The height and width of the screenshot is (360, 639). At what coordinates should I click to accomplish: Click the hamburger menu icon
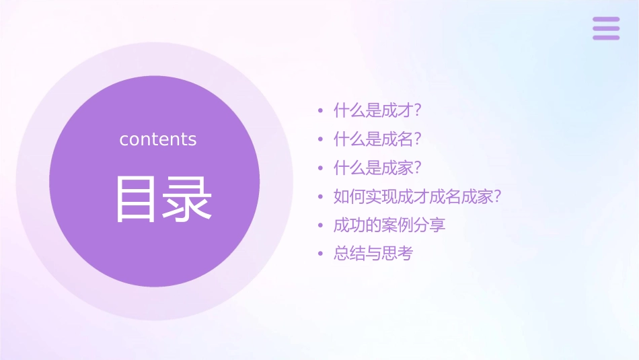point(606,28)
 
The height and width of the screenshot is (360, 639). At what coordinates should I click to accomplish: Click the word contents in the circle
point(158,139)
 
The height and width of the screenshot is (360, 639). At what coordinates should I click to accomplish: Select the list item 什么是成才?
point(381,110)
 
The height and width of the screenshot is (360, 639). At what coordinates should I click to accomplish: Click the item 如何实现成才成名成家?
point(418,197)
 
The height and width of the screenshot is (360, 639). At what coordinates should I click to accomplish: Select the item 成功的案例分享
point(389,225)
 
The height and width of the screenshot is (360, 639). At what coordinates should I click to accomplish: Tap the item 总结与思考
point(373,254)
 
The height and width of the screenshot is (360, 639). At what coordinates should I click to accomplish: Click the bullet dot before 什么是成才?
point(320,110)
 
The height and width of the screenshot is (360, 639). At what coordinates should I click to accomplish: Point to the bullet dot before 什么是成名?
point(320,139)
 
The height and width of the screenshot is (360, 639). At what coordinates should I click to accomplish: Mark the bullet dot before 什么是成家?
point(320,168)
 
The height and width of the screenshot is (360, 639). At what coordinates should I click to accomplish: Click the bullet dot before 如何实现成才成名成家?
point(320,197)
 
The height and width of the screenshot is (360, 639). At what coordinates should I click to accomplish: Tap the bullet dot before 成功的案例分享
point(320,226)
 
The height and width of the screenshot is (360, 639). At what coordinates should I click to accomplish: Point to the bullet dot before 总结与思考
point(320,254)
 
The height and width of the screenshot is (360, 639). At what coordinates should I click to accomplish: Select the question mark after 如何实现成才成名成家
point(498,197)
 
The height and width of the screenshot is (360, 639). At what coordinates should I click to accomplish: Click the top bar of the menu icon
point(606,20)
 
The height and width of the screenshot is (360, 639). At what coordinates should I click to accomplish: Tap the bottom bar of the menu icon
point(606,37)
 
